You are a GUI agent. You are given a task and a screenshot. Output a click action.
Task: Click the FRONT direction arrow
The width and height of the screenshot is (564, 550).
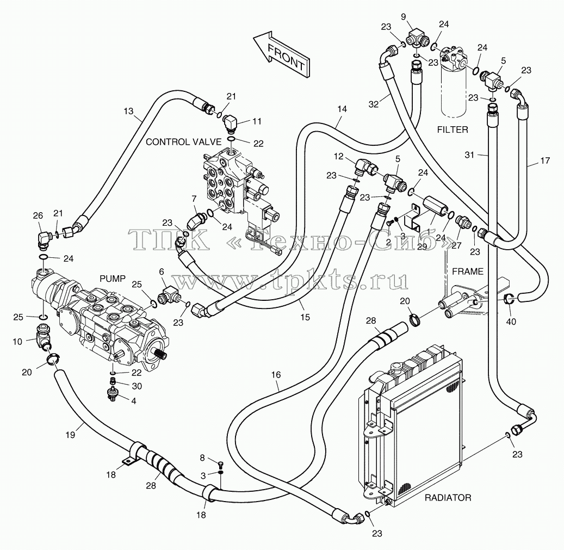(x=281, y=54)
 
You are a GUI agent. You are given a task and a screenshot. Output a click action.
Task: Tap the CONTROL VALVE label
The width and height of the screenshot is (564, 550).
(x=183, y=142)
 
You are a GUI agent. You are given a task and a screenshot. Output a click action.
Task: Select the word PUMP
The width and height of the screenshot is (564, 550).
(x=113, y=279)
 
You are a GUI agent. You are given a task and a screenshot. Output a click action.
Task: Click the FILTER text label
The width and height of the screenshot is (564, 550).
(x=453, y=129)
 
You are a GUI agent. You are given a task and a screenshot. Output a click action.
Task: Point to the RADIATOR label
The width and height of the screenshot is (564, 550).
(x=448, y=498)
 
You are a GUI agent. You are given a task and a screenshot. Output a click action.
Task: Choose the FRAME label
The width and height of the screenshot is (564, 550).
(x=468, y=271)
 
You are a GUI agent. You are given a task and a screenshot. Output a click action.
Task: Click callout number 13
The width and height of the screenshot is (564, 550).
(x=128, y=111)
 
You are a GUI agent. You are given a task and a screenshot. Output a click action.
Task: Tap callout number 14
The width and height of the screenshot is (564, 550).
(x=342, y=109)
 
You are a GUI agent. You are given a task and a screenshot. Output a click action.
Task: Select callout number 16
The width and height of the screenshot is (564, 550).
(x=276, y=375)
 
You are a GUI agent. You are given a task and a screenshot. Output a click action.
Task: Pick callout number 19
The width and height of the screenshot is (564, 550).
(x=71, y=435)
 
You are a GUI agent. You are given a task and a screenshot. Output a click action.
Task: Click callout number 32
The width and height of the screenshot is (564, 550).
(x=374, y=104)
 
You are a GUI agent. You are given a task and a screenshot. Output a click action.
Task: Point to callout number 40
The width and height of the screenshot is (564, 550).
(x=511, y=321)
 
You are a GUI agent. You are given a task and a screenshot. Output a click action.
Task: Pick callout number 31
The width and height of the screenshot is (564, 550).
(x=469, y=155)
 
